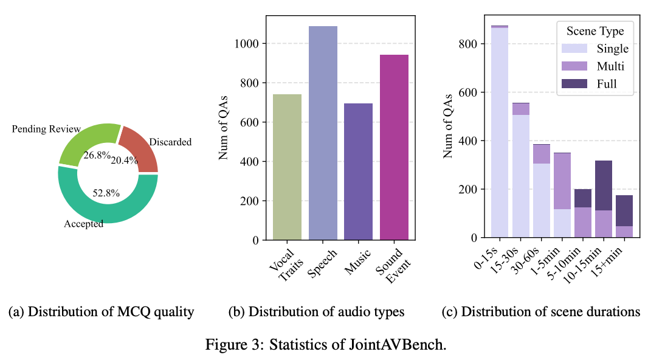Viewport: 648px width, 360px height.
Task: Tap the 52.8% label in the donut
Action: coord(106,193)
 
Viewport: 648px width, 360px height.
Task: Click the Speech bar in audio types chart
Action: coord(323,134)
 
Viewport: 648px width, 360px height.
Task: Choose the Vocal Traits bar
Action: coord(287,167)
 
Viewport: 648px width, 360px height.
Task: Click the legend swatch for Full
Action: coord(573,83)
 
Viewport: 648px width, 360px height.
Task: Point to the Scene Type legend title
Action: coord(595,32)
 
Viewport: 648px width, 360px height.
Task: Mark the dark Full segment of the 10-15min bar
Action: coord(604,185)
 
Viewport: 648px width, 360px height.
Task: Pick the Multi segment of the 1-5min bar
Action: coord(562,181)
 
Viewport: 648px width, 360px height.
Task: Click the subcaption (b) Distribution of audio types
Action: coord(316,312)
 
